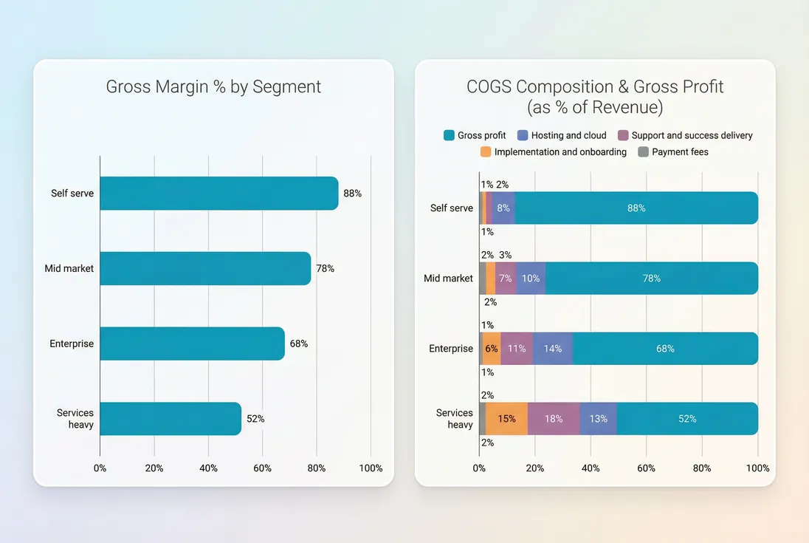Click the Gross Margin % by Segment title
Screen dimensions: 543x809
tap(213, 86)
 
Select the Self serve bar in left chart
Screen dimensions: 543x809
tap(218, 194)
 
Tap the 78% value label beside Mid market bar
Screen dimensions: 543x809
tap(325, 269)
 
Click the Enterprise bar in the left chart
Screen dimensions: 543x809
tap(192, 344)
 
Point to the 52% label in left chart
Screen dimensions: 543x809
tap(255, 419)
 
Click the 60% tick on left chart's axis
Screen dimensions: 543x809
tap(263, 468)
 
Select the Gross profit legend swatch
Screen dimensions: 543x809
tap(449, 135)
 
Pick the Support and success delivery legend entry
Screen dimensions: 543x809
tap(684, 135)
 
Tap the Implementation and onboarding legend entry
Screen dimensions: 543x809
tap(553, 152)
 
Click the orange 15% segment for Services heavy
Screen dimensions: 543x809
tap(506, 419)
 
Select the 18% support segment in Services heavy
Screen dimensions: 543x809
tap(554, 419)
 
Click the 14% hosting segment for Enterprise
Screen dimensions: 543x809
tap(552, 349)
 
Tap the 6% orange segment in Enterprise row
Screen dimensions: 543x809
tap(492, 349)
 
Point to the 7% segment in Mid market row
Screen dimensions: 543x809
tap(506, 279)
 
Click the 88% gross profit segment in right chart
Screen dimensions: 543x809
tap(636, 208)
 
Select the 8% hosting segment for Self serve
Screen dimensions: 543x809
tap(503, 208)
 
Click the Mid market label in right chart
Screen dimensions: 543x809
tap(448, 279)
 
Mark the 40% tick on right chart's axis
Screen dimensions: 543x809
tap(591, 468)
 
